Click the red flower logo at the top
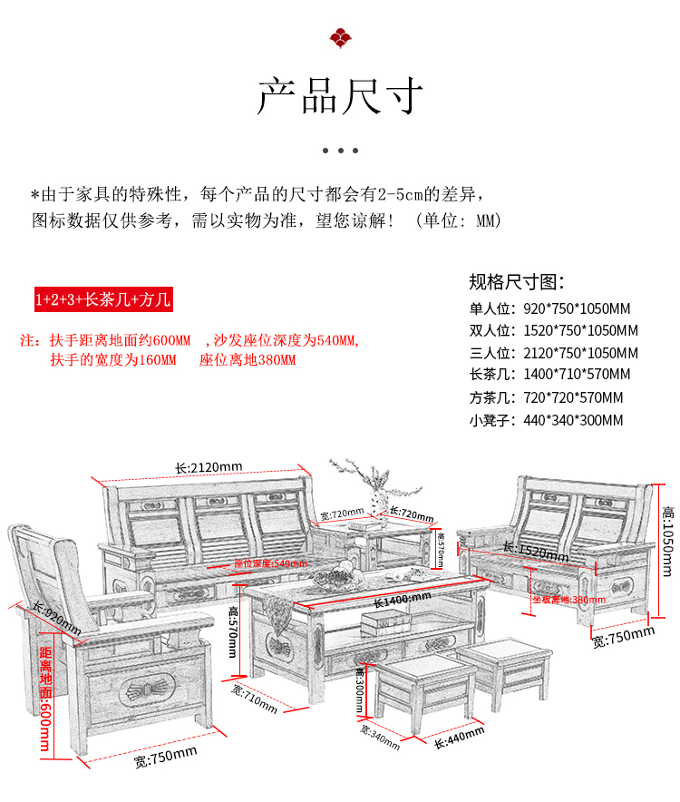340,37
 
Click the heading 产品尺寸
340,97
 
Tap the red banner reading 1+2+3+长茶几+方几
102,299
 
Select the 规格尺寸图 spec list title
517,281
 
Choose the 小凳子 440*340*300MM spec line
546,420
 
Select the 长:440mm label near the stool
460,738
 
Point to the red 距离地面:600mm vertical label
45,699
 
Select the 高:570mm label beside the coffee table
233,632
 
